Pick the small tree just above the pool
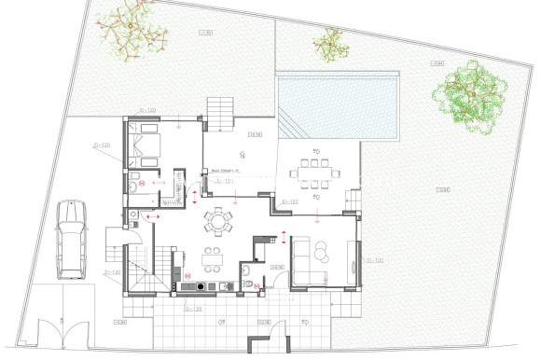(332, 42)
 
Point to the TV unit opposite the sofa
(353, 260)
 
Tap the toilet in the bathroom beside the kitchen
(244, 271)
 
